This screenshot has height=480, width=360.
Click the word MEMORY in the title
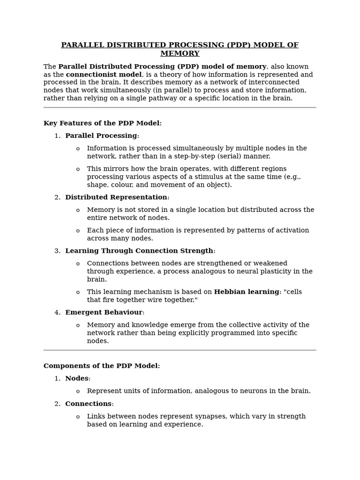coord(180,54)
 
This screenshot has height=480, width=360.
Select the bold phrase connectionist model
coord(104,75)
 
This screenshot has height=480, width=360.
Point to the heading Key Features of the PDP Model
coord(102,123)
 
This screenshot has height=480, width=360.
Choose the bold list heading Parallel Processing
coord(101,136)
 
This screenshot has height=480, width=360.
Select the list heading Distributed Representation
coord(116,197)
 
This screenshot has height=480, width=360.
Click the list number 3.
coord(57,251)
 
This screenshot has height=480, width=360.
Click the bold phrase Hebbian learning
coord(247,292)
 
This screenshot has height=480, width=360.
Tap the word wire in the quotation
coord(148,300)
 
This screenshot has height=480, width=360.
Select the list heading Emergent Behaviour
coord(104,313)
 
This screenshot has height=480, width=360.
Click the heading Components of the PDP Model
coord(101,366)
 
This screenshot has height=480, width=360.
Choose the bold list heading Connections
coord(88,404)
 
